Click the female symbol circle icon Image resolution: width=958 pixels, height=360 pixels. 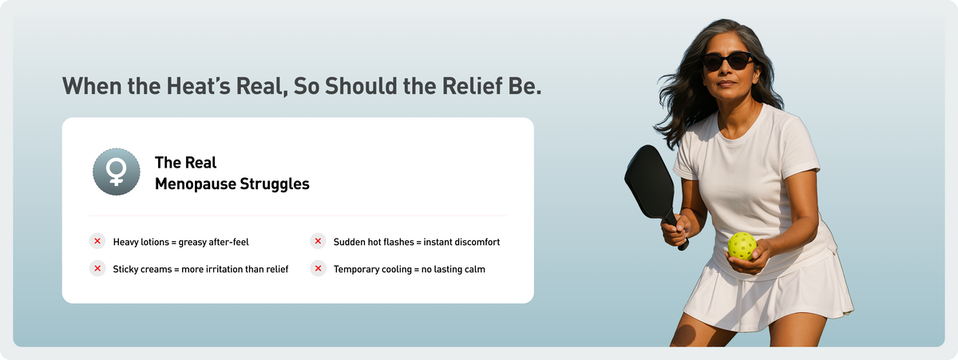(117, 172)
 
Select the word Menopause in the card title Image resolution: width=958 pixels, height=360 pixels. (195, 184)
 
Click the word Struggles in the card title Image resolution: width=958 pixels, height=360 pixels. (275, 184)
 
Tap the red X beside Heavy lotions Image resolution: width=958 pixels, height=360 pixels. (97, 241)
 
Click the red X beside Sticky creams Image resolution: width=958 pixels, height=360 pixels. (97, 268)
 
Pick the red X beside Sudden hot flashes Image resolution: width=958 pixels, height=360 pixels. (318, 241)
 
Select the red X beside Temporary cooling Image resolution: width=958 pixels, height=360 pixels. (318, 268)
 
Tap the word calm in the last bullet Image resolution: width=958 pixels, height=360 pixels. (475, 269)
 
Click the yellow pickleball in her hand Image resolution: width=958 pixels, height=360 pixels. (742, 246)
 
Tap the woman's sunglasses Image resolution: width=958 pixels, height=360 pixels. (728, 61)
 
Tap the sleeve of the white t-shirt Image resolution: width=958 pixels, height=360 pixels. (799, 145)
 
